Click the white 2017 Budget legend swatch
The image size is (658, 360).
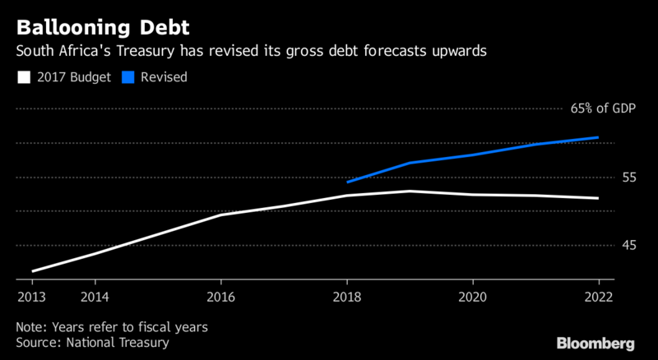click(23, 77)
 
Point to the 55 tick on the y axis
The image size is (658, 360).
click(606, 177)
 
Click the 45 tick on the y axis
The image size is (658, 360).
click(606, 245)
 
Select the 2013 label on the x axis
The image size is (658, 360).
click(32, 297)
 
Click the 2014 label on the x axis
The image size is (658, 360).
click(95, 297)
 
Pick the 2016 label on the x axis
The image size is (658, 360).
click(220, 297)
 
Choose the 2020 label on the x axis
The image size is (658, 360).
click(472, 297)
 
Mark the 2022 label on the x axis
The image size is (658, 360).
click(598, 297)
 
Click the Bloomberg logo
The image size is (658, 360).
click(595, 342)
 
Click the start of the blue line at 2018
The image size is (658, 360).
click(348, 182)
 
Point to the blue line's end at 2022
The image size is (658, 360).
click(598, 137)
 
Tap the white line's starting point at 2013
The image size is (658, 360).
click(32, 270)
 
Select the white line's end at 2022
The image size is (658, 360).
click(598, 198)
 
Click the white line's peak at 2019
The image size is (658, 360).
click(410, 191)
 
